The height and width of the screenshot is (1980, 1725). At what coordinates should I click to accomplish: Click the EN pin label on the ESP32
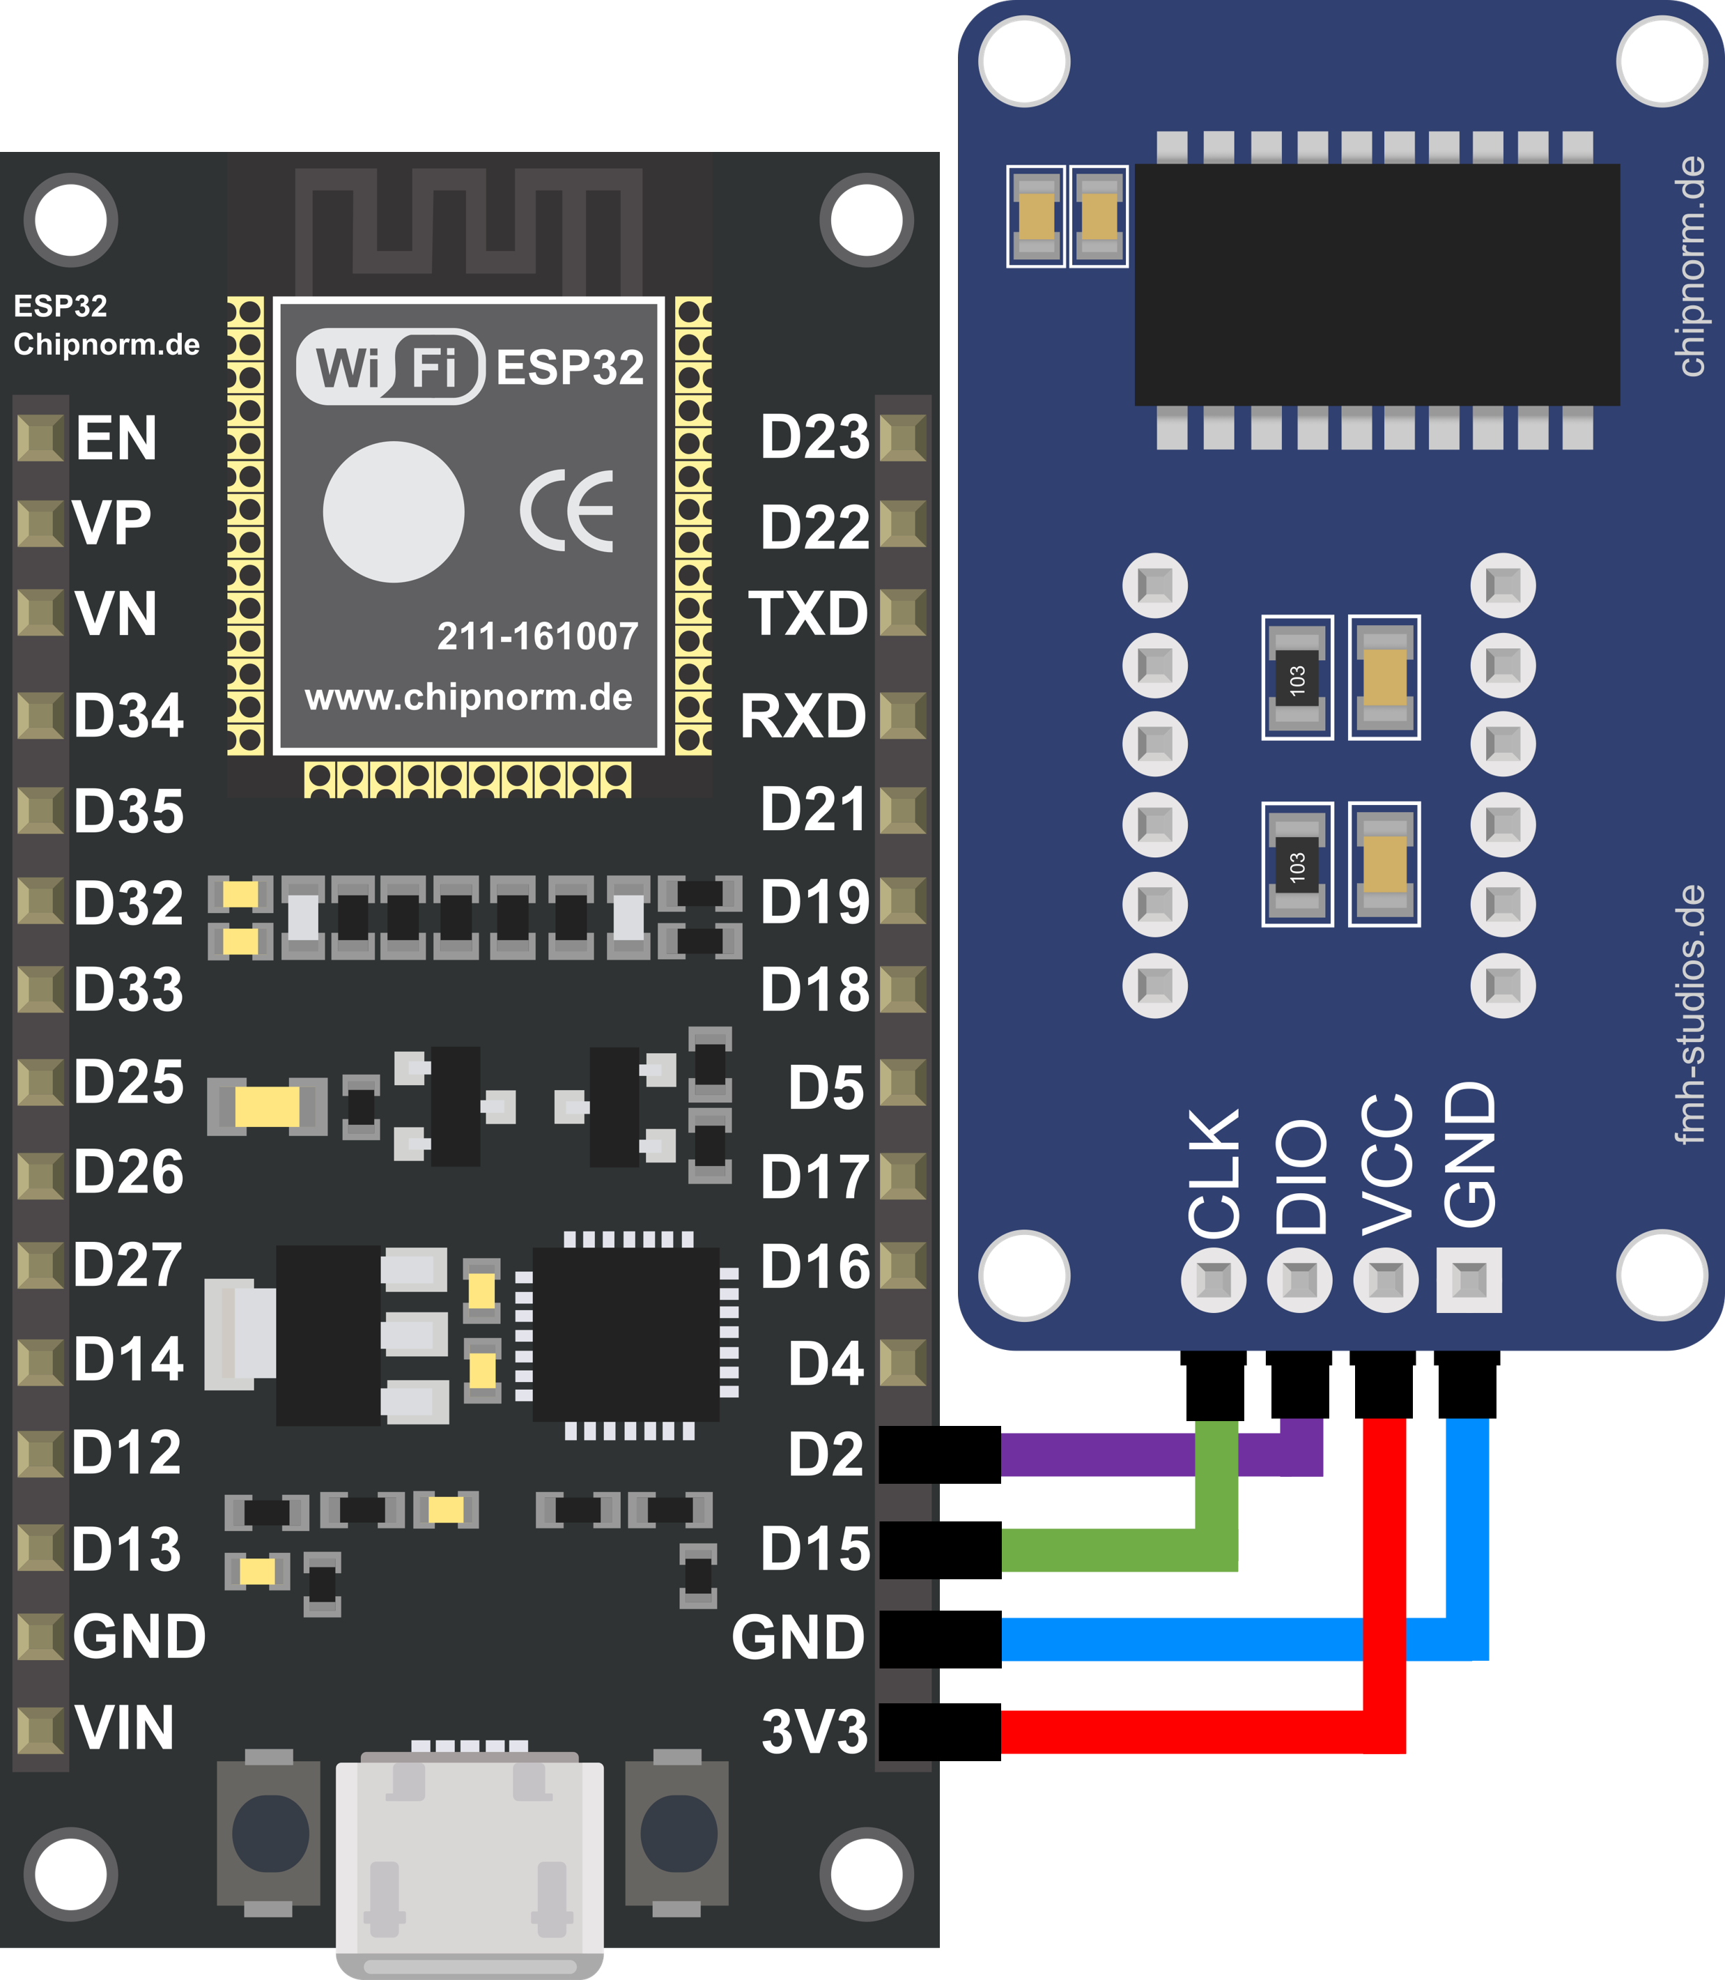coord(116,439)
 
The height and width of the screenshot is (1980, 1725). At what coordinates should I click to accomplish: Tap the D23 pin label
coord(814,437)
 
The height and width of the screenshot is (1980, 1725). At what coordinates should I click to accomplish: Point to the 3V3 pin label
coord(814,1731)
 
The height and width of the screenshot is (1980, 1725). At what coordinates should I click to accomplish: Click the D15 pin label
coord(814,1549)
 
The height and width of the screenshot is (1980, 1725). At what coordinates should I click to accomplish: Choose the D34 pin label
coord(128,716)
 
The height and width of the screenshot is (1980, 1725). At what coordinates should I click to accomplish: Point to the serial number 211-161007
coord(537,636)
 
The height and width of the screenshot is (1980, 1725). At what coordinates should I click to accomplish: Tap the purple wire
coord(1097,1455)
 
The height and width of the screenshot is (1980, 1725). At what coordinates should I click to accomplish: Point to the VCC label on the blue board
coord(1387,1165)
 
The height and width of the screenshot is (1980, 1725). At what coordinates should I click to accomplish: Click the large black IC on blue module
coord(1377,284)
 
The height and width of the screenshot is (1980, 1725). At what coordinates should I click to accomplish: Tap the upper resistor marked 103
coord(1297,678)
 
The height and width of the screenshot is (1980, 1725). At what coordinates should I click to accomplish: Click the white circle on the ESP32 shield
coord(394,512)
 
